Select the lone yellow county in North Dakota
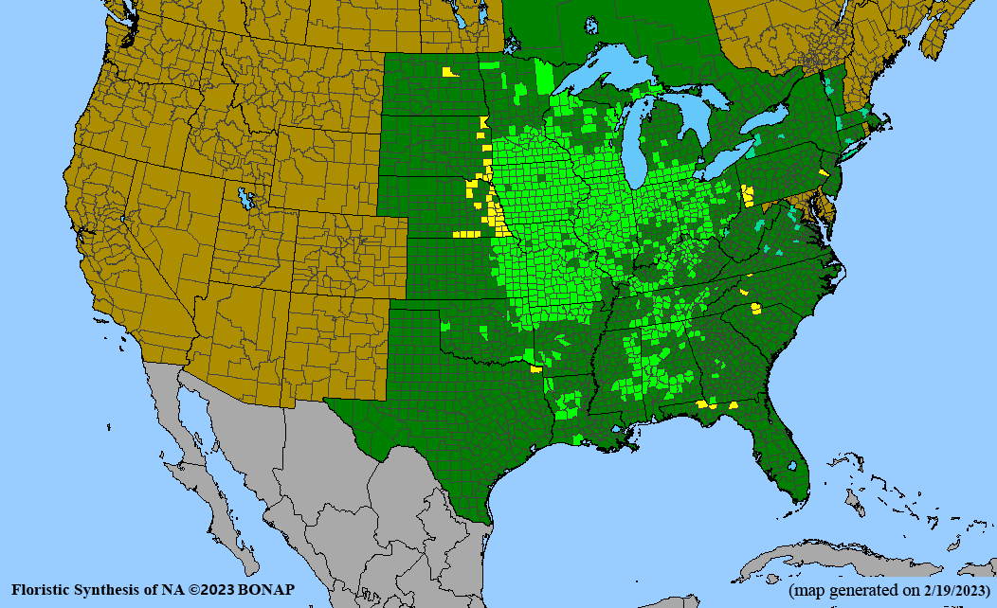447,71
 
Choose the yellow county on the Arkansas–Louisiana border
537,370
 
